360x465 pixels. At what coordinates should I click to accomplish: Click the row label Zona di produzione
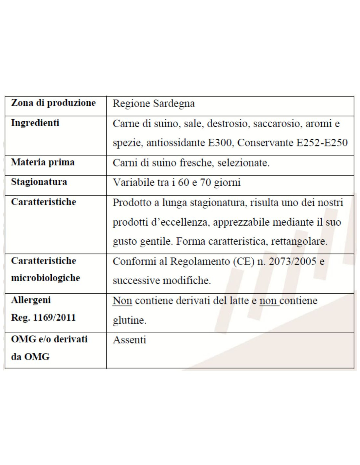tap(53, 103)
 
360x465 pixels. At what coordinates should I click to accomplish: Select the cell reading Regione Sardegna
tap(153, 104)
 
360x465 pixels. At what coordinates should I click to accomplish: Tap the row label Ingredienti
tap(35, 123)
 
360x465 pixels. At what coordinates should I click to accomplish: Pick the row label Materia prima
tap(43, 162)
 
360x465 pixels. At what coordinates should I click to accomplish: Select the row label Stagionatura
tap(39, 182)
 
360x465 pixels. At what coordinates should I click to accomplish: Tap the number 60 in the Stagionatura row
tap(184, 182)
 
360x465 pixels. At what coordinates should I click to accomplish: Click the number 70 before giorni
tap(206, 182)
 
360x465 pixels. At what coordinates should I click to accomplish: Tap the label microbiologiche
tap(45, 278)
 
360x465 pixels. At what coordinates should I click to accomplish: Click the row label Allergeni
tap(31, 300)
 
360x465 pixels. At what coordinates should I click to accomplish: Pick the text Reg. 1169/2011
tap(44, 318)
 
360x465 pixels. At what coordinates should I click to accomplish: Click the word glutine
tap(130, 320)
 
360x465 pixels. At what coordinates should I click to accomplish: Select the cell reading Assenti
tap(130, 340)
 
